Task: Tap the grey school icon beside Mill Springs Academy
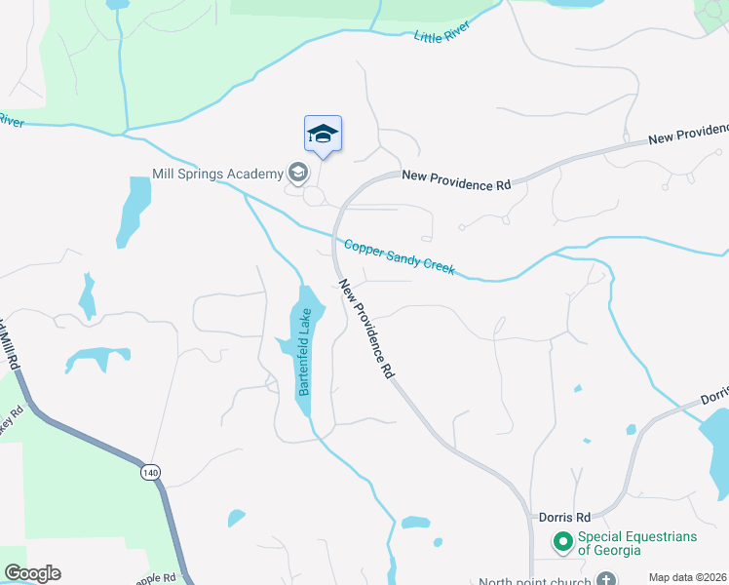pos(297,174)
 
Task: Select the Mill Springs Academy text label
pos(217,175)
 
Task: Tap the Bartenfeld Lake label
pos(305,351)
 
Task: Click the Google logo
pos(32,573)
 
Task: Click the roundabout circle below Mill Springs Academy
pos(314,196)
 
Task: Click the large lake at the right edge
pos(716,439)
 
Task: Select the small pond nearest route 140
pos(237,518)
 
